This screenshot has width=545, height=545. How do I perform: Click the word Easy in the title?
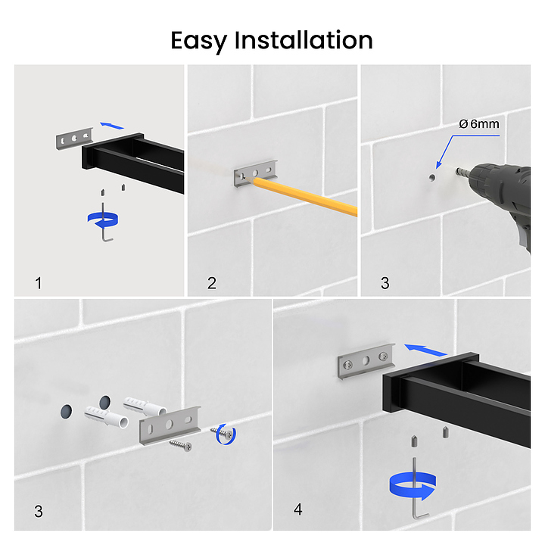click(198, 42)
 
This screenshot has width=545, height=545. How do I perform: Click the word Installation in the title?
click(304, 40)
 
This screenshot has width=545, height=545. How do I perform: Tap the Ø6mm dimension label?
click(479, 123)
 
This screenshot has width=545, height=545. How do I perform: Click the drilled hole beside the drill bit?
click(432, 178)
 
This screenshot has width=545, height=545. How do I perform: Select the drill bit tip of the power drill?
click(456, 170)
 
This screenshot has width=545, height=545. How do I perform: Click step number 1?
click(39, 283)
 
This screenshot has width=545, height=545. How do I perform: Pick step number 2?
click(212, 283)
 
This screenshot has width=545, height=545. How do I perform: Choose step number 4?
click(298, 509)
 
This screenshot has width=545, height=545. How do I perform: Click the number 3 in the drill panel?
click(385, 283)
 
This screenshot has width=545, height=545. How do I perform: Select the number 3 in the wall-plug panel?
click(39, 511)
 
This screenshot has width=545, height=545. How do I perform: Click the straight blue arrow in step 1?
click(112, 126)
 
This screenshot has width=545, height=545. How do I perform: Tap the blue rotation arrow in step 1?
click(103, 220)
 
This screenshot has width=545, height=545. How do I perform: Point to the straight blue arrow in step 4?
click(425, 350)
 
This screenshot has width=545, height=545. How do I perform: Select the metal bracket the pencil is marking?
click(256, 173)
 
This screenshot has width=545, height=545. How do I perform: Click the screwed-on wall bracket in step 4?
click(366, 362)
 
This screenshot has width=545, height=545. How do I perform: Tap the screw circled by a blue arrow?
click(223, 433)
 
